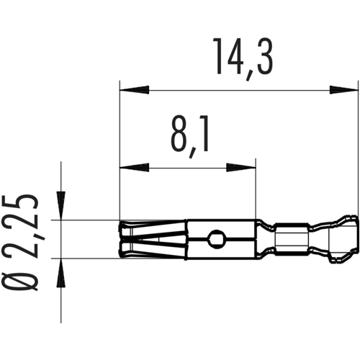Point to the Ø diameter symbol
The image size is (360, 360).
coord(27,278)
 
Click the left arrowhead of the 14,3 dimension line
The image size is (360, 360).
coord(134,91)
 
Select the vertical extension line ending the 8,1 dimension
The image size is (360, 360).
coord(256,194)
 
